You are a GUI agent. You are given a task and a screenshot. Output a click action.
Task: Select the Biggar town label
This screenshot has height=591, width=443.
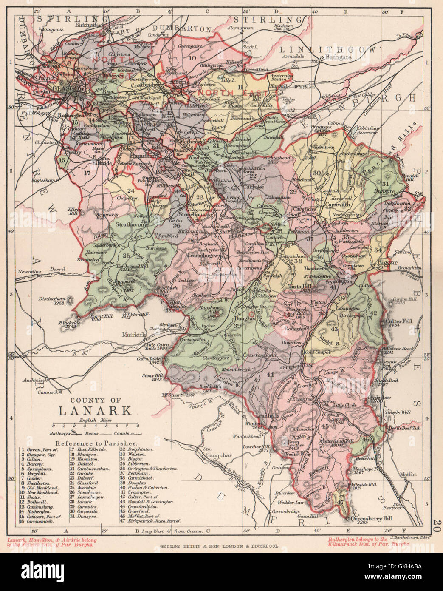point(387,263)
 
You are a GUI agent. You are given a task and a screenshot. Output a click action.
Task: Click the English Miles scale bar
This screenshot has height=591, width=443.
point(95,425)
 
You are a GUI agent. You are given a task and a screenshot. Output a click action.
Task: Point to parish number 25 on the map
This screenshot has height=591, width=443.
point(126,256)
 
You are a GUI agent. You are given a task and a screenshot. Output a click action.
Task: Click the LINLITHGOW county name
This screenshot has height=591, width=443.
point(328,50)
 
